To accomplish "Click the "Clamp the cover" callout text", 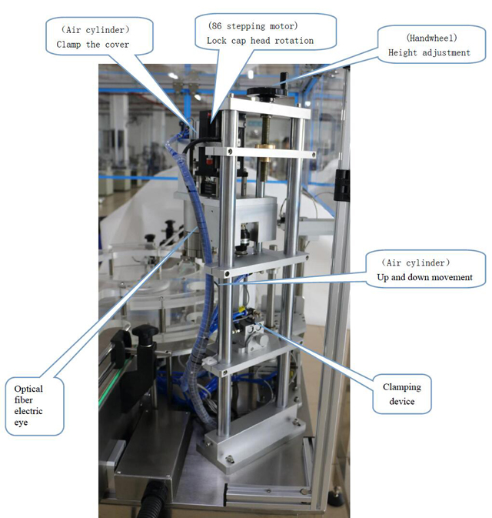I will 92,45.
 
